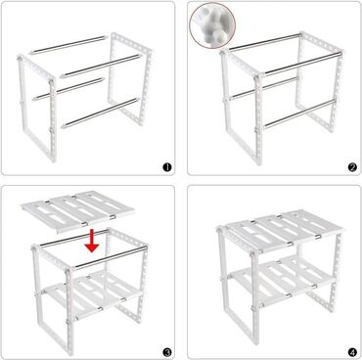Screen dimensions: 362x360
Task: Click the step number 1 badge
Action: click(x=167, y=167)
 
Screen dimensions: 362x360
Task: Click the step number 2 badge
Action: click(x=352, y=167)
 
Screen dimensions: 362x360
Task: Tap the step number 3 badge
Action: click(x=167, y=352)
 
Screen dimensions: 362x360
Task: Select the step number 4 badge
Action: click(x=352, y=352)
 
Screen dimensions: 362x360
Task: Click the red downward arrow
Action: click(x=92, y=242)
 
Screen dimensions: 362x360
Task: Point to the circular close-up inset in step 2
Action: click(x=212, y=26)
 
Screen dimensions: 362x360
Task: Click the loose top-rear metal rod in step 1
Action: click(x=68, y=45)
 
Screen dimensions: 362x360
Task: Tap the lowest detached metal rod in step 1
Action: click(x=101, y=112)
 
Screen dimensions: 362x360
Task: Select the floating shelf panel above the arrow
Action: click(x=77, y=211)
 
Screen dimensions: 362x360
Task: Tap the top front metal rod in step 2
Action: click(x=303, y=63)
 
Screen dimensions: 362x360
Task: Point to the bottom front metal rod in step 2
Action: click(x=299, y=113)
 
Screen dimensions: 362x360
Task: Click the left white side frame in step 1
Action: click(x=37, y=108)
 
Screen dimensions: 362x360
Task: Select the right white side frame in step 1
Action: click(x=130, y=79)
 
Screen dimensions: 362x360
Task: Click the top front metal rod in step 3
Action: click(x=109, y=257)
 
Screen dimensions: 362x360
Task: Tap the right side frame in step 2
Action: click(x=320, y=81)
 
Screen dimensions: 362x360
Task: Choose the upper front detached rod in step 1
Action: click(x=100, y=67)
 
